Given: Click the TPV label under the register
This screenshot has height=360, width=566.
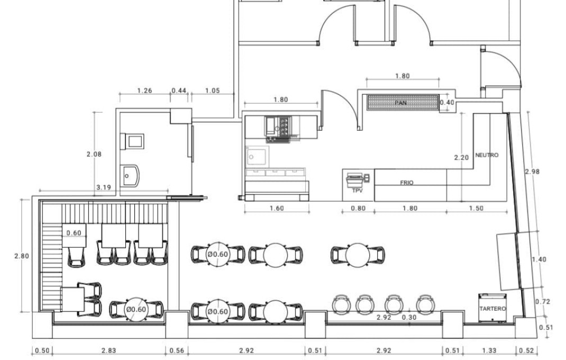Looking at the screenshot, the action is tap(358, 191).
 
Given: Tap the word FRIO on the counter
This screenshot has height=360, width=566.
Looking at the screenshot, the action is tap(406, 183).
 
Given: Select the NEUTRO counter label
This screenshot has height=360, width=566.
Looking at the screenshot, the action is tap(487, 155).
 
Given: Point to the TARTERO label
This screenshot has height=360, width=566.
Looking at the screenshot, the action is tap(492, 309).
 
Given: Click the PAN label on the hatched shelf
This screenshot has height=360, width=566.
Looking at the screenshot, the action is tap(400, 103).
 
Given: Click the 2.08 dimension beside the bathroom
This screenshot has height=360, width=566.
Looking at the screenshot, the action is tap(94, 154).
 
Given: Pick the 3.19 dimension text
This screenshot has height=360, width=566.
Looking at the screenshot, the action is tap(104, 187).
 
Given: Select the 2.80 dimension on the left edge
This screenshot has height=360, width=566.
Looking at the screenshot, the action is tap(22, 256).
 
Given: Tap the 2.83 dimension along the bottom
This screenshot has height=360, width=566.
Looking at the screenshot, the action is tap(108, 350).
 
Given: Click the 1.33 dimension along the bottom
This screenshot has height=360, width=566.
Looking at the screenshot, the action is tap(489, 350).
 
